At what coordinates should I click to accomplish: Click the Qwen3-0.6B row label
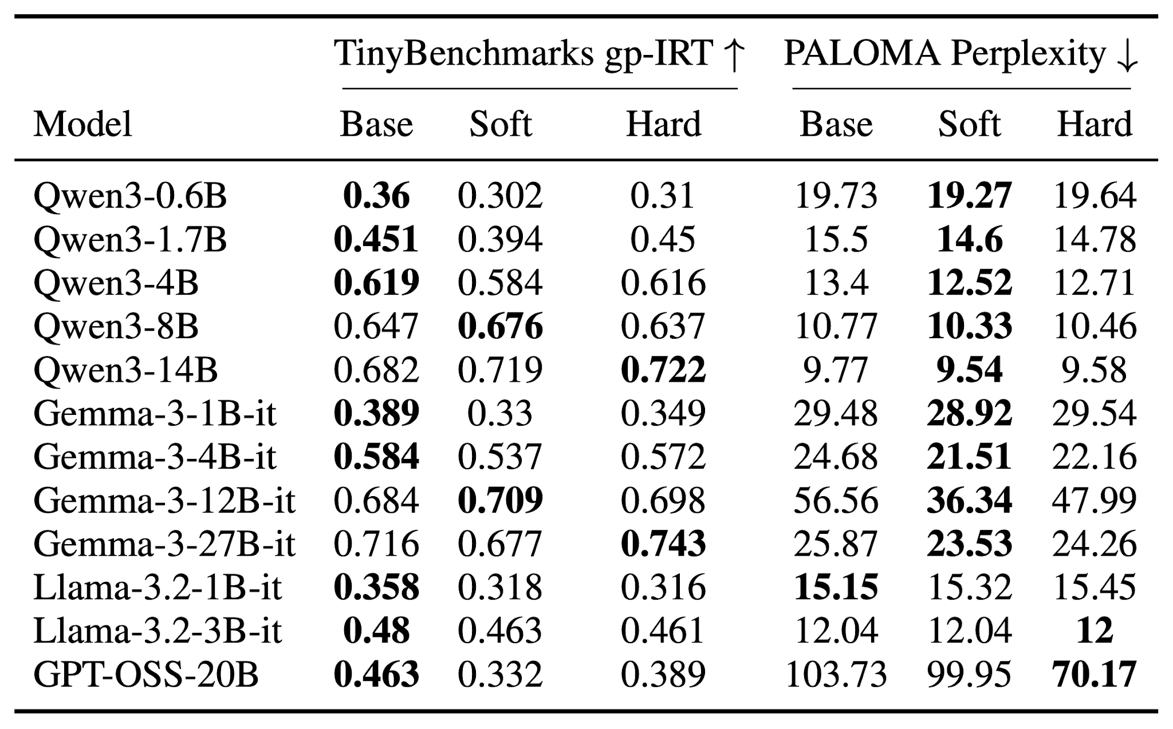[130, 196]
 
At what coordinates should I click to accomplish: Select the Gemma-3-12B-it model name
[164, 501]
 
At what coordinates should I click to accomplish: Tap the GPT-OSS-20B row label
[146, 675]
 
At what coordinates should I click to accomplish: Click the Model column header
[83, 124]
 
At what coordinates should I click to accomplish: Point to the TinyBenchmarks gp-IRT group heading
[540, 54]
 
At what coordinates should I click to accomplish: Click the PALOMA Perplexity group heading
[961, 54]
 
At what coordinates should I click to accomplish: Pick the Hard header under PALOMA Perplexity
[1095, 124]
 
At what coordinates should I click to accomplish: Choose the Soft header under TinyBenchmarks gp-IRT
[501, 124]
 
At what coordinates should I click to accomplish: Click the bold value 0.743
[663, 544]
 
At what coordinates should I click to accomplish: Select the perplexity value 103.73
[836, 675]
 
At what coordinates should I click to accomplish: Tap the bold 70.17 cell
[1095, 675]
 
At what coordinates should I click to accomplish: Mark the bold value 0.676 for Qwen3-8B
[501, 326]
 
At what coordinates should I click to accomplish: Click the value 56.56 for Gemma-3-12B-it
[836, 501]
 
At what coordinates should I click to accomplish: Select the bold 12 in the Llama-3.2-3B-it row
[1095, 631]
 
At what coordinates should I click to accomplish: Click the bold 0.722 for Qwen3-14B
[663, 370]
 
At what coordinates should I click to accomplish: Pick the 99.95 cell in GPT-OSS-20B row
[969, 675]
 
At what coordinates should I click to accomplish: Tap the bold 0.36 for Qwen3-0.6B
[376, 196]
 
